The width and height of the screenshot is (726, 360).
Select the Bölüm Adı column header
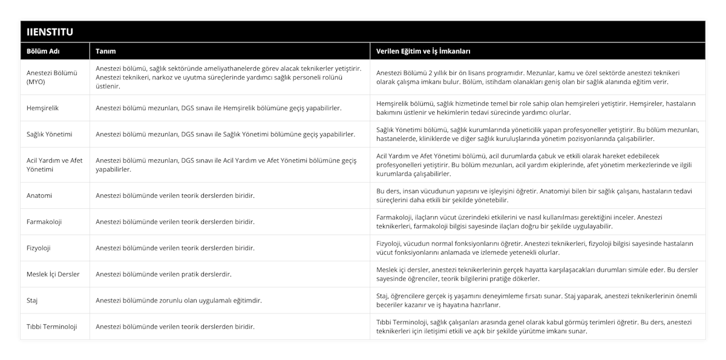(42, 51)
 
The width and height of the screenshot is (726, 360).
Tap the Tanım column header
(106, 51)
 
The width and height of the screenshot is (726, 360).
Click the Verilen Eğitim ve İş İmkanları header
(423, 51)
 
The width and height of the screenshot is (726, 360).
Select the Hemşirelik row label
(43, 108)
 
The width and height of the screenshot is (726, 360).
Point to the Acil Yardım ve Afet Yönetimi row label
(54, 165)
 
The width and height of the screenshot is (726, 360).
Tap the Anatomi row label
(39, 195)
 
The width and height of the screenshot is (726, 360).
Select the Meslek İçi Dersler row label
(53, 274)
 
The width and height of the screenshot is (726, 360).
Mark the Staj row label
(33, 300)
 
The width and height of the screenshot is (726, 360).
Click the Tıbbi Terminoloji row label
(52, 327)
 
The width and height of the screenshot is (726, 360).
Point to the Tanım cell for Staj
(179, 300)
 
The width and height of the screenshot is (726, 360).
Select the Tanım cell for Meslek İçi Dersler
(164, 274)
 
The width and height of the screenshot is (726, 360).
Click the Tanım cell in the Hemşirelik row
(218, 108)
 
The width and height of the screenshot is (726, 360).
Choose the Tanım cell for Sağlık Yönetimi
(225, 134)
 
